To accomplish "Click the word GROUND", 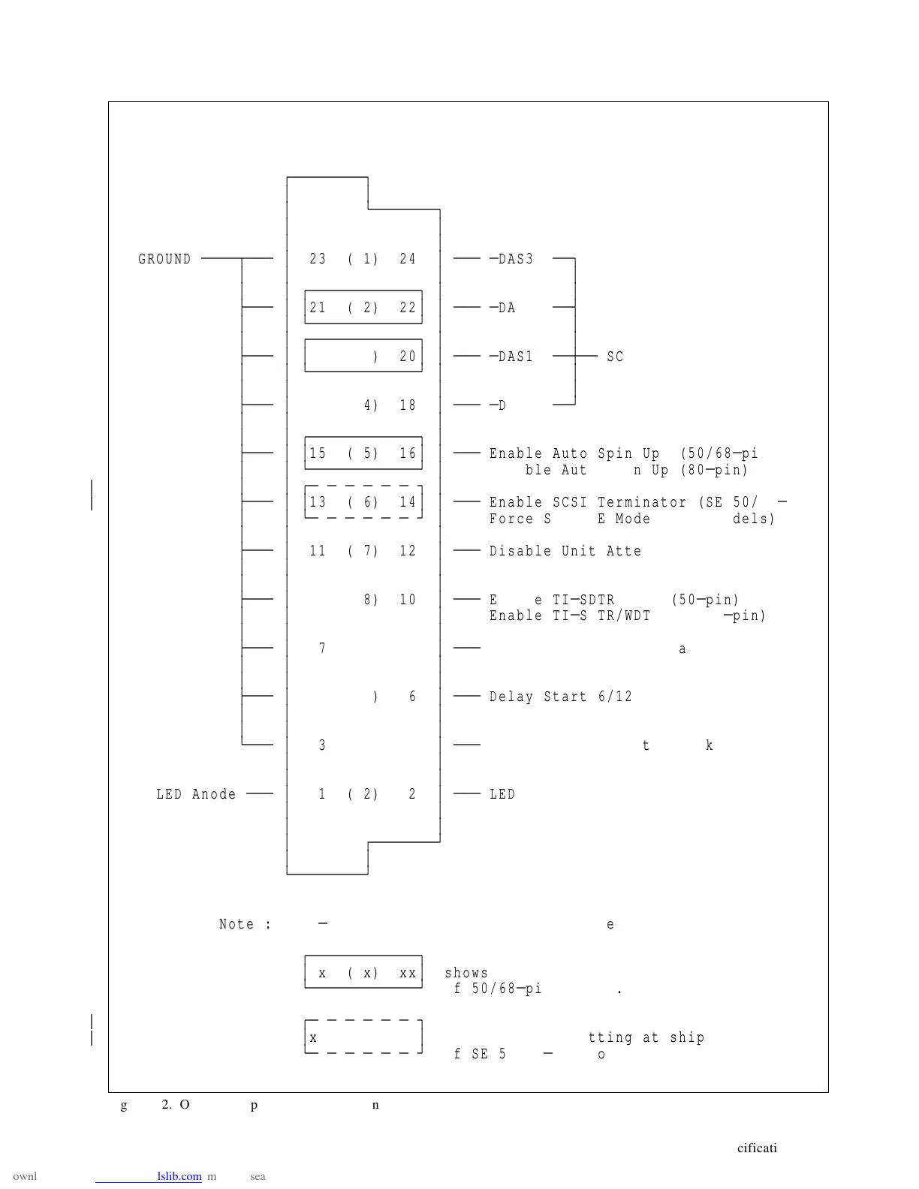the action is (x=164, y=259).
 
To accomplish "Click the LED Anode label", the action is (x=196, y=794).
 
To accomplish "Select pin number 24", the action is (x=408, y=259).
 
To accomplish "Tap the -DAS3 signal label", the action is (x=512, y=259).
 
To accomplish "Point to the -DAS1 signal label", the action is (x=512, y=357).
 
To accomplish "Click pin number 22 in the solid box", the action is (x=408, y=308).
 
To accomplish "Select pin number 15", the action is (x=318, y=453).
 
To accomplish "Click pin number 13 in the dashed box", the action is (x=318, y=502).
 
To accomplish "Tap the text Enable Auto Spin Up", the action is (x=574, y=453).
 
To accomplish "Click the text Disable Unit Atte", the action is (x=565, y=551).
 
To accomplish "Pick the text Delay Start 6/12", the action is (x=561, y=697).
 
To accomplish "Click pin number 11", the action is (x=318, y=551).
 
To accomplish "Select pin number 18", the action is (x=408, y=405).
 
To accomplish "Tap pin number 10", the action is (x=408, y=600).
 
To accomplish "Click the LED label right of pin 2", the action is (x=502, y=794).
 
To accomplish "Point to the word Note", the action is (x=237, y=924).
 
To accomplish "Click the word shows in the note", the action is (x=466, y=973).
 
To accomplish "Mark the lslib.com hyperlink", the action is (x=179, y=1176).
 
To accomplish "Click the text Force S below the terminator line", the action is (x=520, y=519).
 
